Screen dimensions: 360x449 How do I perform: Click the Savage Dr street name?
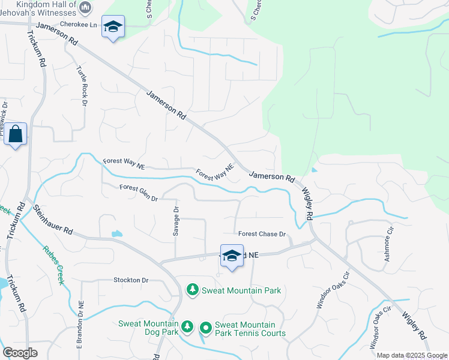176,222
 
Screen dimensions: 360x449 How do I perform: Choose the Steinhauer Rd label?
53,220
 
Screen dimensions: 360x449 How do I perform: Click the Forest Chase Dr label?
261,234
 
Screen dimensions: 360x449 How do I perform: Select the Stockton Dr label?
131,280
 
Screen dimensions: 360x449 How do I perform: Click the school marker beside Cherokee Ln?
113,27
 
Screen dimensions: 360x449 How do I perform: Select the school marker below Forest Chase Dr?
232,256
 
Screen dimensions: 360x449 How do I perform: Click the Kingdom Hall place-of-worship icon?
85,8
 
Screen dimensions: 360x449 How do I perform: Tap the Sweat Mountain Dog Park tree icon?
187,326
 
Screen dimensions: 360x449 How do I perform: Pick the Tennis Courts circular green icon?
205,328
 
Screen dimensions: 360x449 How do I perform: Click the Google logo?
20,353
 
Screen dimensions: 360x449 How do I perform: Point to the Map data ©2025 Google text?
412,355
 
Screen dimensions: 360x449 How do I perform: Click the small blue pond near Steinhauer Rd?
116,233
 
